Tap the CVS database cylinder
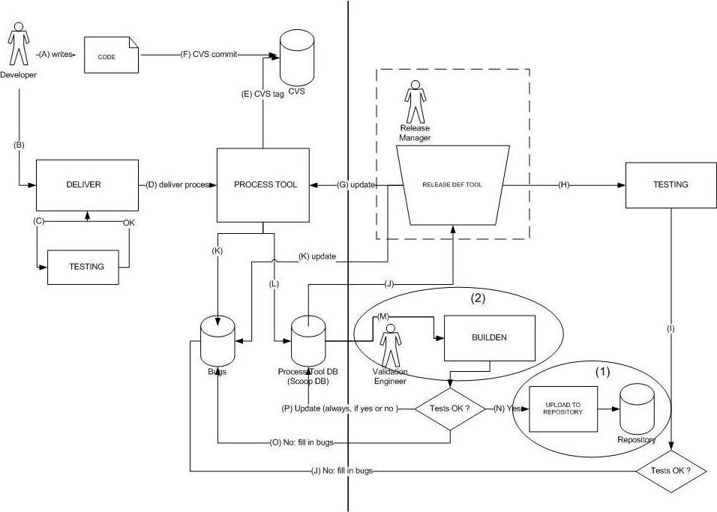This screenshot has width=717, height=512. pyautogui.click(x=298, y=60)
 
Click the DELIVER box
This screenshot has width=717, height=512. pyautogui.click(x=88, y=184)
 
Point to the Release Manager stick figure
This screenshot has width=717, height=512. pyautogui.click(x=414, y=104)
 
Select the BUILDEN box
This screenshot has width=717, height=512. pyautogui.click(x=490, y=337)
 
